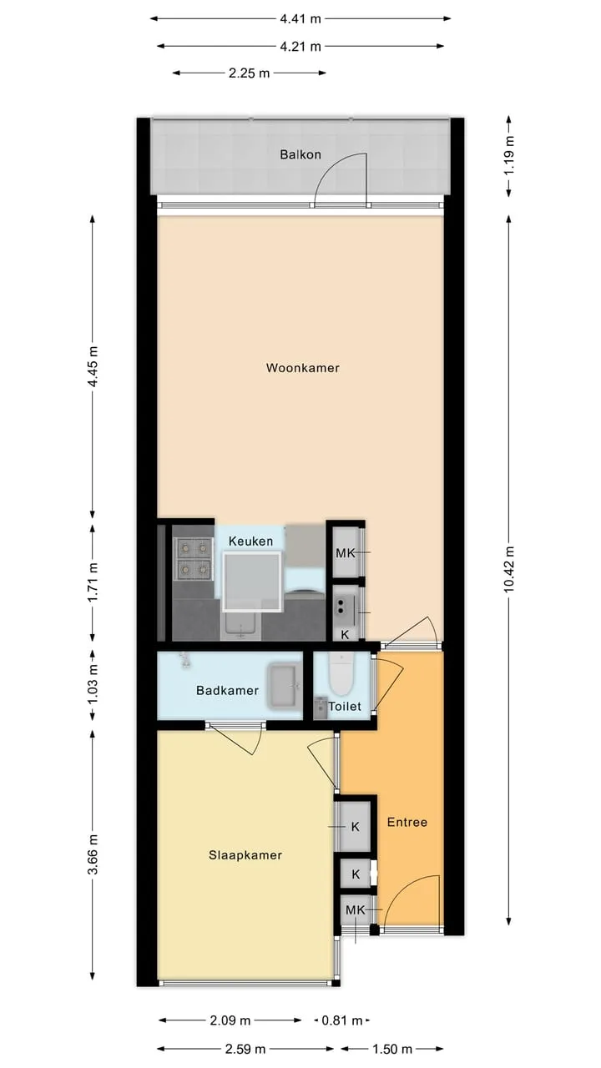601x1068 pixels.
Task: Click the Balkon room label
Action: (x=300, y=154)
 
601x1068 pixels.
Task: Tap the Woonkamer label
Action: (x=303, y=368)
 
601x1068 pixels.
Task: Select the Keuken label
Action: (x=250, y=542)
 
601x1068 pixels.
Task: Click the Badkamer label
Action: (x=228, y=690)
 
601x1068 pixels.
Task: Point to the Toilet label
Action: (x=345, y=706)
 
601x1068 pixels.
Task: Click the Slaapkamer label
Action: (x=245, y=855)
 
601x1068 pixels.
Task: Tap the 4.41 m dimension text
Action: (x=300, y=19)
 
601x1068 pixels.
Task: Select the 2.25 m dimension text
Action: (x=249, y=73)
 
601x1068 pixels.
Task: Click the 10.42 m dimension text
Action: (x=509, y=569)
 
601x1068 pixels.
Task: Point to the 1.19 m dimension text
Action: (x=509, y=155)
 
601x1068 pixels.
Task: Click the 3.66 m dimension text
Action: (x=93, y=854)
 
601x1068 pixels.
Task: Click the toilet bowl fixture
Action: (x=341, y=673)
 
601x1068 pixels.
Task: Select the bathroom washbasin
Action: (x=285, y=686)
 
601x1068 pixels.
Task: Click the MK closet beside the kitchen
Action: (x=346, y=552)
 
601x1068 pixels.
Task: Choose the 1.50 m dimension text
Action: (x=391, y=1049)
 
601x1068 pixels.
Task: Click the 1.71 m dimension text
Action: (x=93, y=582)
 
